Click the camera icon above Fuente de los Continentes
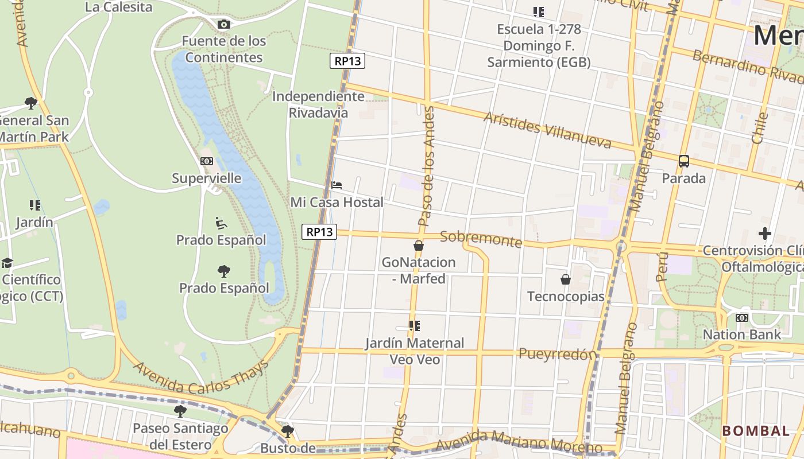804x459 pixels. pos(224,24)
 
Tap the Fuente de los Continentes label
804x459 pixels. pos(225,49)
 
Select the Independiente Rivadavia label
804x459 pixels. pos(318,104)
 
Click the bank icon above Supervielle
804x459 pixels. pos(207,161)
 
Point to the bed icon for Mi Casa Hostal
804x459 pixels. pos(337,185)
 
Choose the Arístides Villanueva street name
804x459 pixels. pos(547,130)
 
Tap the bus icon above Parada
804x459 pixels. pos(683,161)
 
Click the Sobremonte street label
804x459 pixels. pos(481,239)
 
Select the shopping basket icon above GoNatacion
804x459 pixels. pos(419,246)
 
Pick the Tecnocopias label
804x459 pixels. pos(566,297)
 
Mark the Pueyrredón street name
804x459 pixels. pos(558,354)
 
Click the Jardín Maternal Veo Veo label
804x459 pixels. pos(415,351)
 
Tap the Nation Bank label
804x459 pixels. pos(742,334)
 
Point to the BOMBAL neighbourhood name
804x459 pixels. pos(756,431)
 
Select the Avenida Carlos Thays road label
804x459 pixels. pos(201,377)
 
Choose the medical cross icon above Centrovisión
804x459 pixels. pos(764,234)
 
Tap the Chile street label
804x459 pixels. pos(759,128)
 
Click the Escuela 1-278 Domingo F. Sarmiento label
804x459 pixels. pos(539,46)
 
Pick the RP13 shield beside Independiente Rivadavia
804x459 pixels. pos(347,61)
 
